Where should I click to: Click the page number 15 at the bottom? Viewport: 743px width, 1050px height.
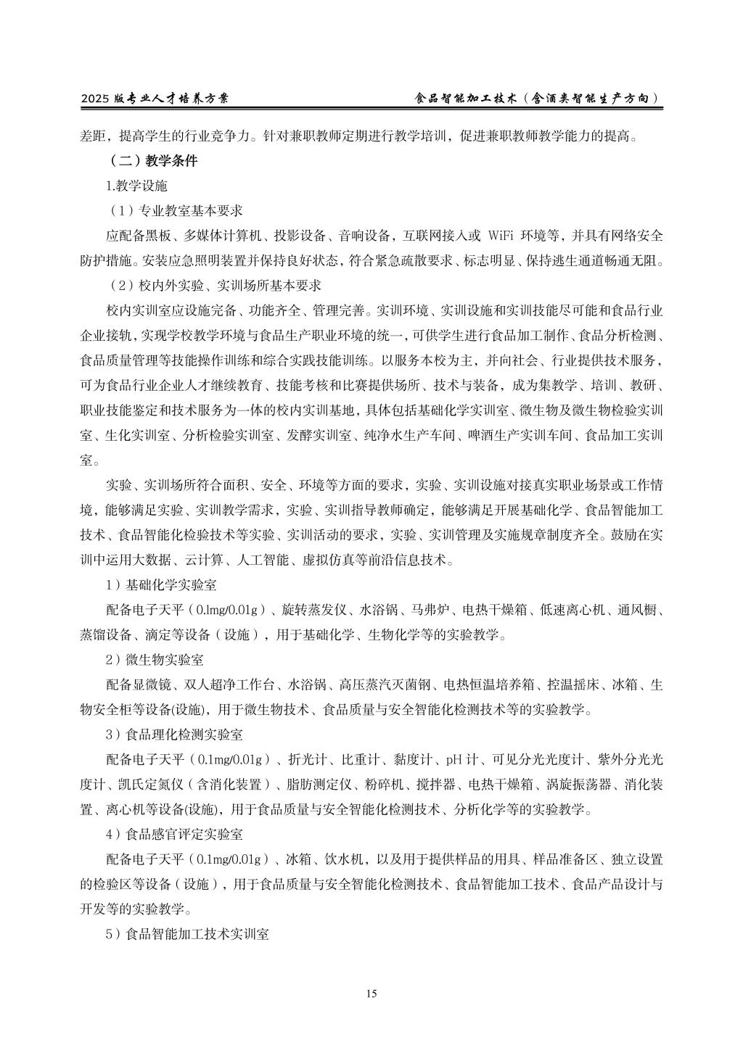click(371, 993)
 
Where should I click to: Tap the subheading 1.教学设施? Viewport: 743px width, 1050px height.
click(136, 186)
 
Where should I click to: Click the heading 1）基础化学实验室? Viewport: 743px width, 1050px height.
click(161, 584)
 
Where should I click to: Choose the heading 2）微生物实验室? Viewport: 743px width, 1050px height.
click(155, 660)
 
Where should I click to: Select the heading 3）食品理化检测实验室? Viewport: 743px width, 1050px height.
click(174, 735)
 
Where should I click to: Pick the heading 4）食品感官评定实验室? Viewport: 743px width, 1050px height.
click(174, 835)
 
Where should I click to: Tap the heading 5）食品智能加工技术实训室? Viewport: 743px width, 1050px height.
click(187, 935)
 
